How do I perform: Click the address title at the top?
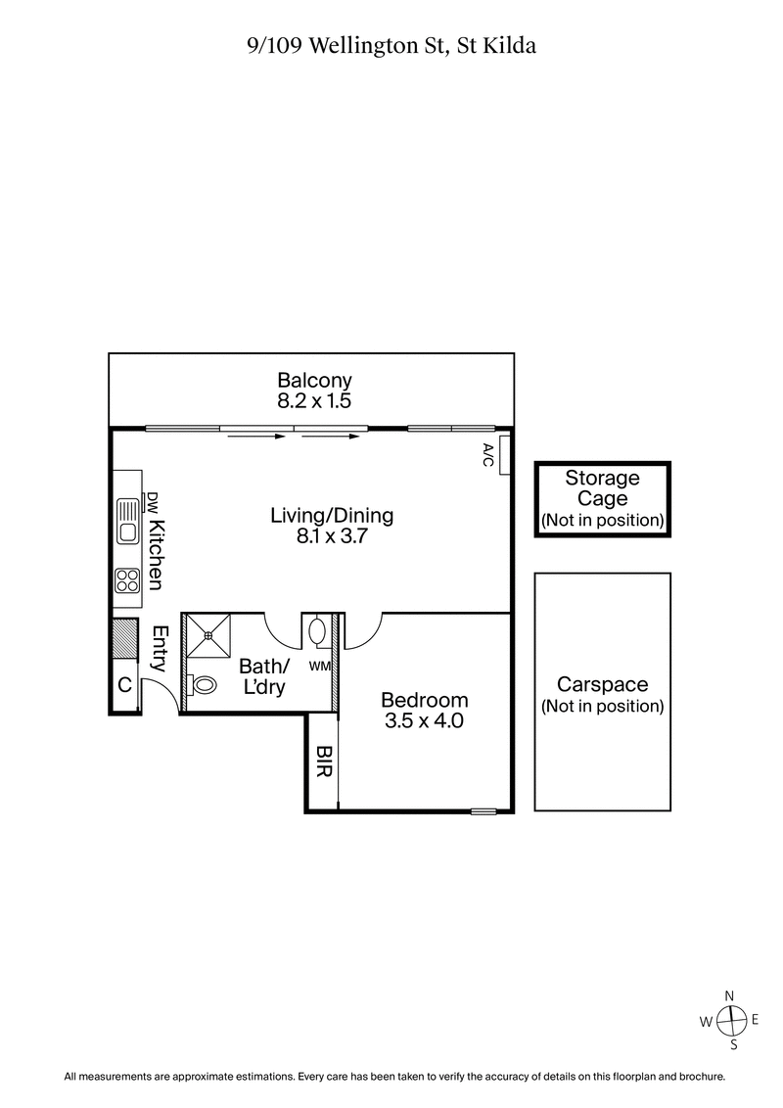[x=391, y=46]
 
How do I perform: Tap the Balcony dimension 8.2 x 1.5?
[x=314, y=400]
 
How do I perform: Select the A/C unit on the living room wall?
[x=504, y=455]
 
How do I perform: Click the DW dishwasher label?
[x=153, y=503]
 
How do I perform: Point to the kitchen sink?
[x=127, y=520]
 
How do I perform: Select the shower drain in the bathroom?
[x=208, y=635]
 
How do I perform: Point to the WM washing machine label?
[x=320, y=667]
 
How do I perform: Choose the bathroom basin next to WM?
[x=319, y=632]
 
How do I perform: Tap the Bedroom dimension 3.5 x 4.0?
[x=424, y=722]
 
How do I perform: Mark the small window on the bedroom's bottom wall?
[x=484, y=810]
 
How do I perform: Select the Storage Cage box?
[x=603, y=499]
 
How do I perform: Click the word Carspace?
[x=602, y=684]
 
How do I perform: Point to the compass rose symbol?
[x=730, y=1019]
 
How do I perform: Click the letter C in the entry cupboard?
[x=124, y=685]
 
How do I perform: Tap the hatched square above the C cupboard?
[x=125, y=639]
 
